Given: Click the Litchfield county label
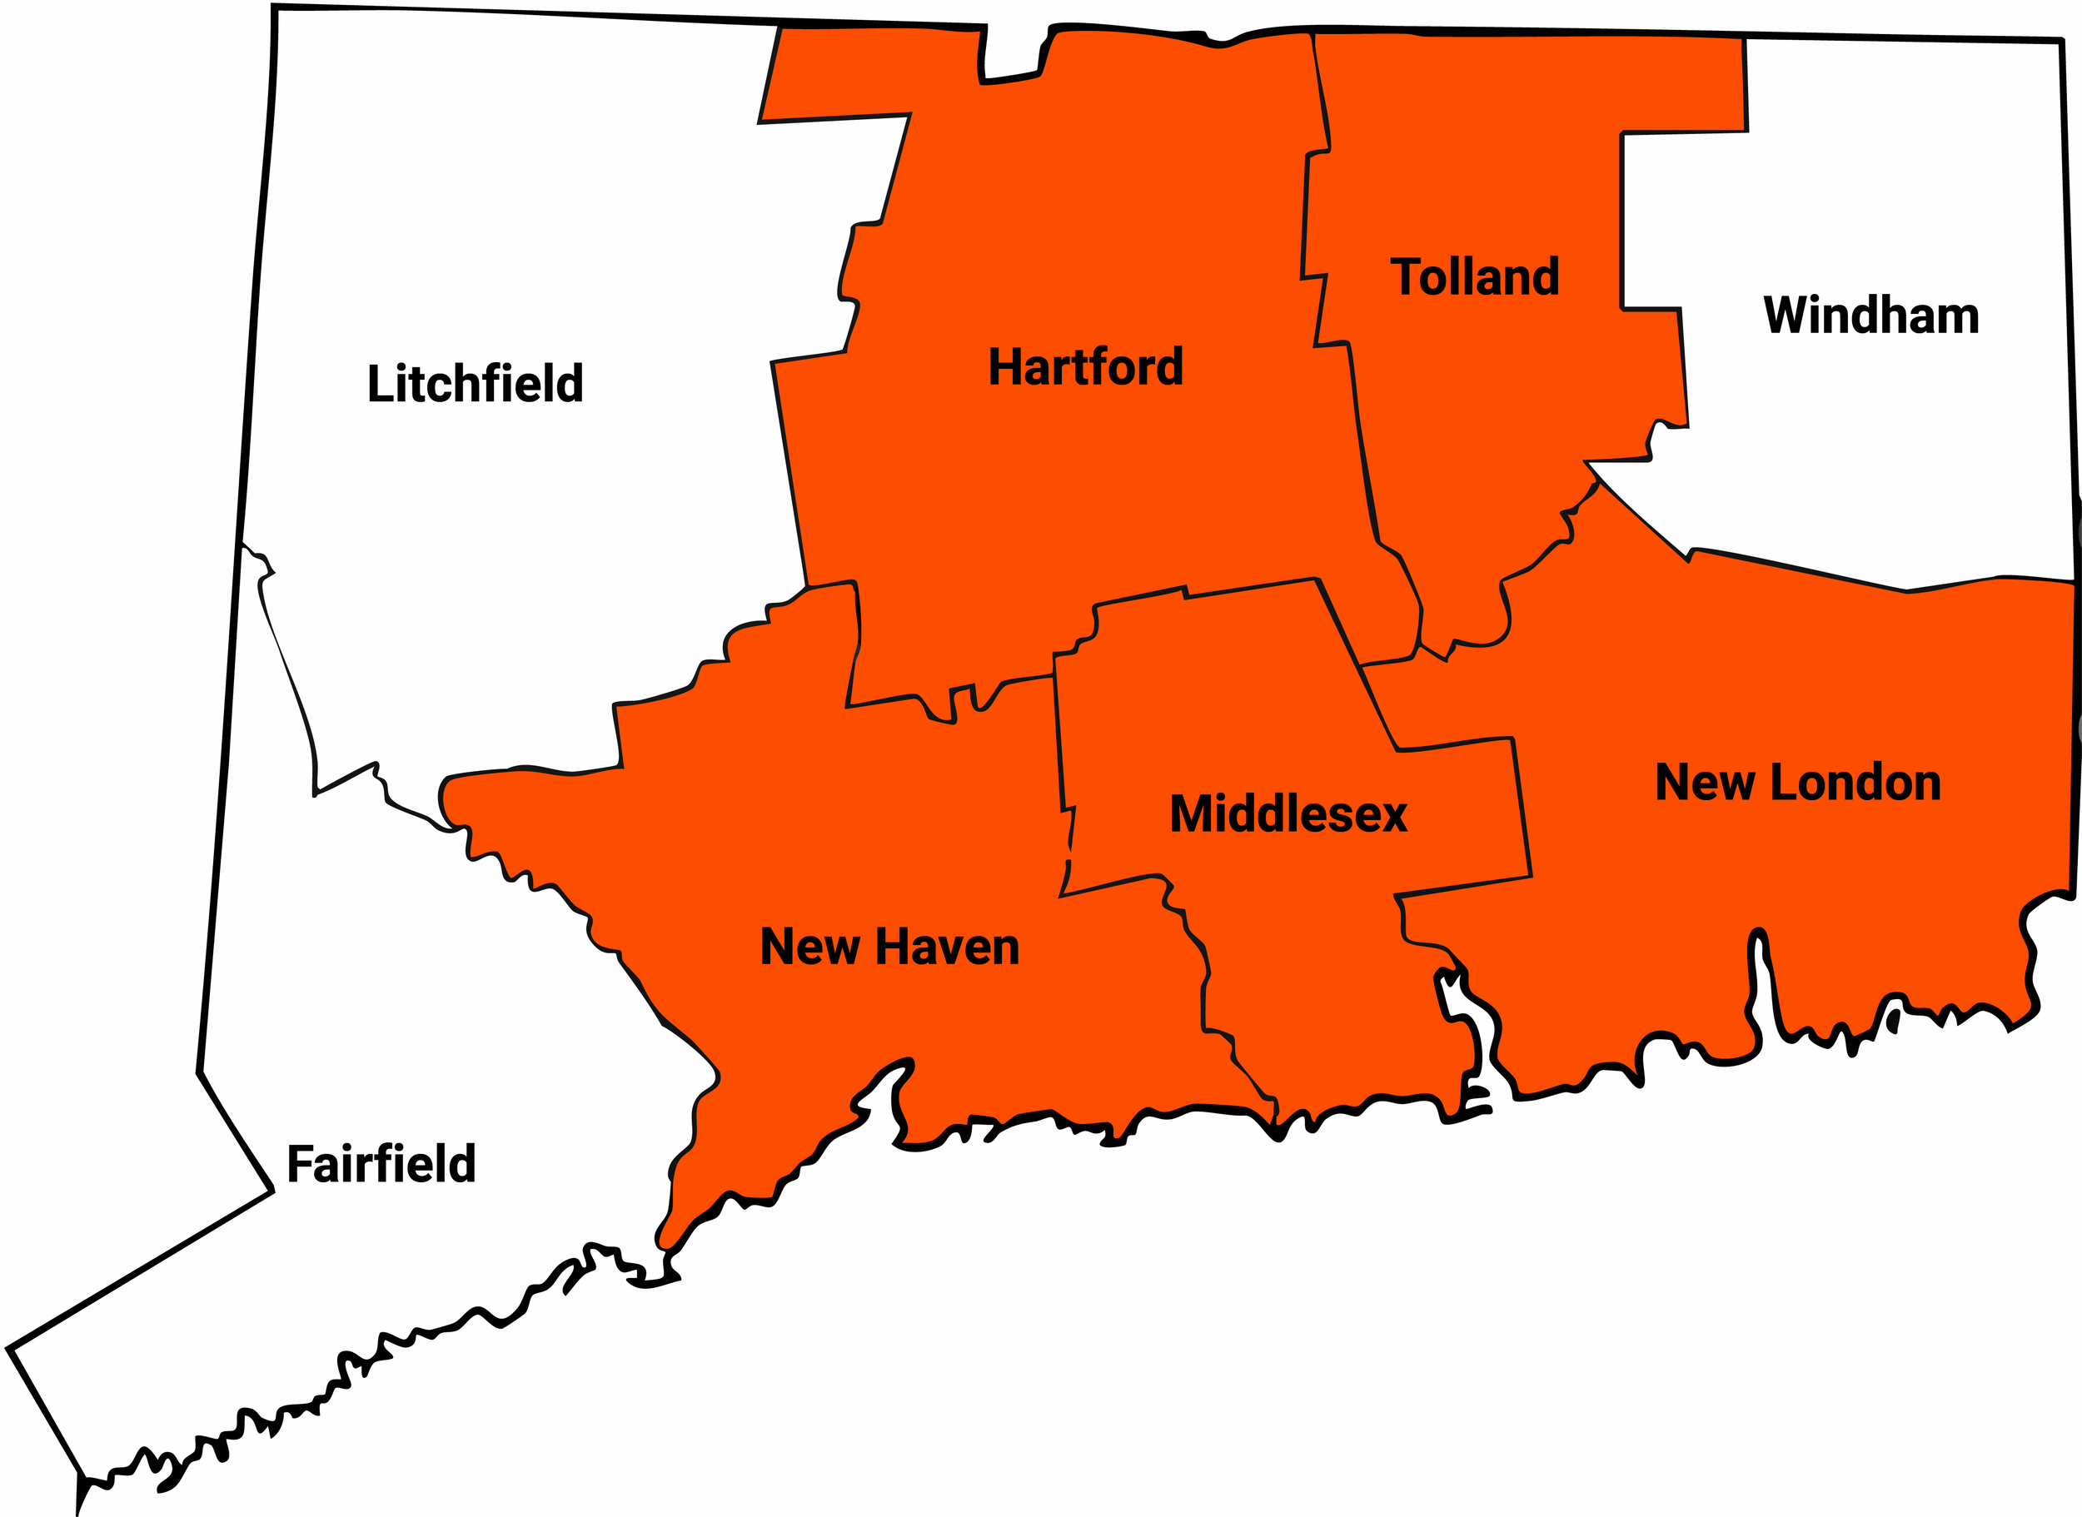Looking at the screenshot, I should [475, 384].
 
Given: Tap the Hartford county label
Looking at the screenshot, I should [1085, 367].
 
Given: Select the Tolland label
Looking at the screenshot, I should [1475, 276].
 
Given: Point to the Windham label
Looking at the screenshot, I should [1870, 315].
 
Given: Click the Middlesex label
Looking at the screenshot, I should [1288, 814].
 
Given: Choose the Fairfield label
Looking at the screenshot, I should [381, 1164].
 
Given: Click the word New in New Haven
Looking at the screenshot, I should [809, 947].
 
